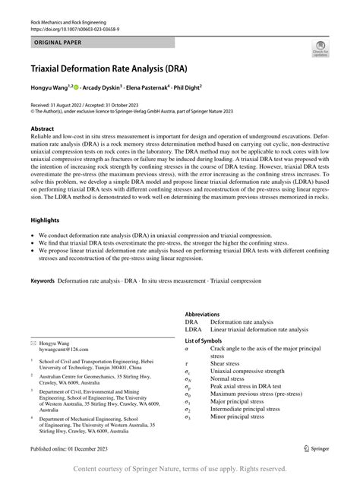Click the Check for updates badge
pyautogui.click(x=319, y=50)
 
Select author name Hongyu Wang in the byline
pyautogui.click(x=52, y=87)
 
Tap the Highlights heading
pyautogui.click(x=45, y=220)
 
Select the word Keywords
pyautogui.click(x=43, y=280)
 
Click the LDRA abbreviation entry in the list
pyautogui.click(x=193, y=329)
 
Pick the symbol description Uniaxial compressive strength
pyautogui.click(x=251, y=371)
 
